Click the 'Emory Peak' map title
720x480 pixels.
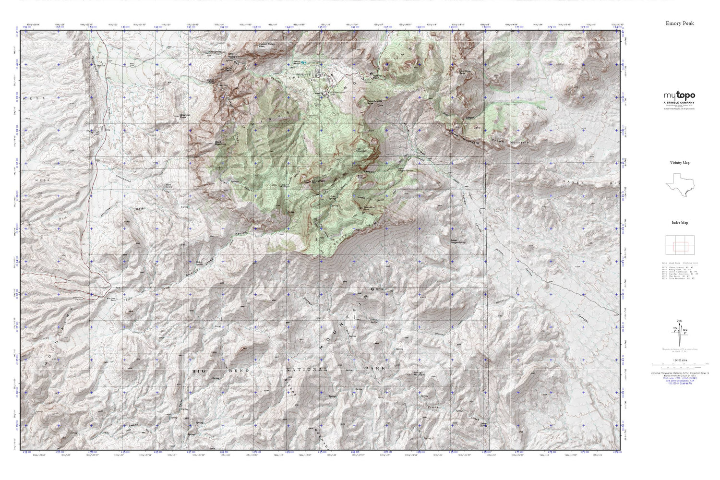click(680, 23)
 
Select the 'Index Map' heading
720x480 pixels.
click(680, 223)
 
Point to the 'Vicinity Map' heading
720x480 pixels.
click(680, 163)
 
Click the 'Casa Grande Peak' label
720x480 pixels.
click(375, 102)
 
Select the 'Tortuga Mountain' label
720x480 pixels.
click(421, 374)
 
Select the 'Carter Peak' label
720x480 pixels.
click(232, 70)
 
